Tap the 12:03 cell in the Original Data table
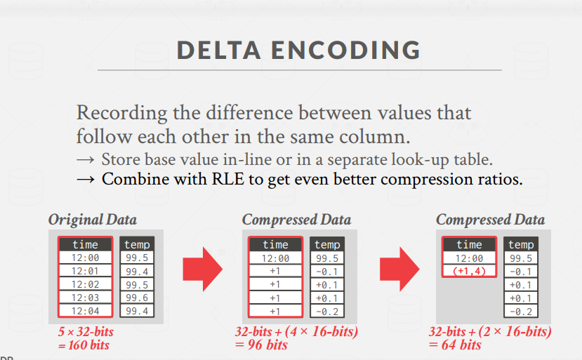point(85,298)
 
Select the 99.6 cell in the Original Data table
point(137,298)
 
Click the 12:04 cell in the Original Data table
point(85,311)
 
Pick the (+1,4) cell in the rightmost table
point(469,271)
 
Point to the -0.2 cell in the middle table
point(327,311)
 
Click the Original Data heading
point(93,220)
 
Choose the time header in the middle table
point(275,244)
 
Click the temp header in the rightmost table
point(521,244)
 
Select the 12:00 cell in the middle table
point(275,258)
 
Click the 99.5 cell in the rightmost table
point(521,258)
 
